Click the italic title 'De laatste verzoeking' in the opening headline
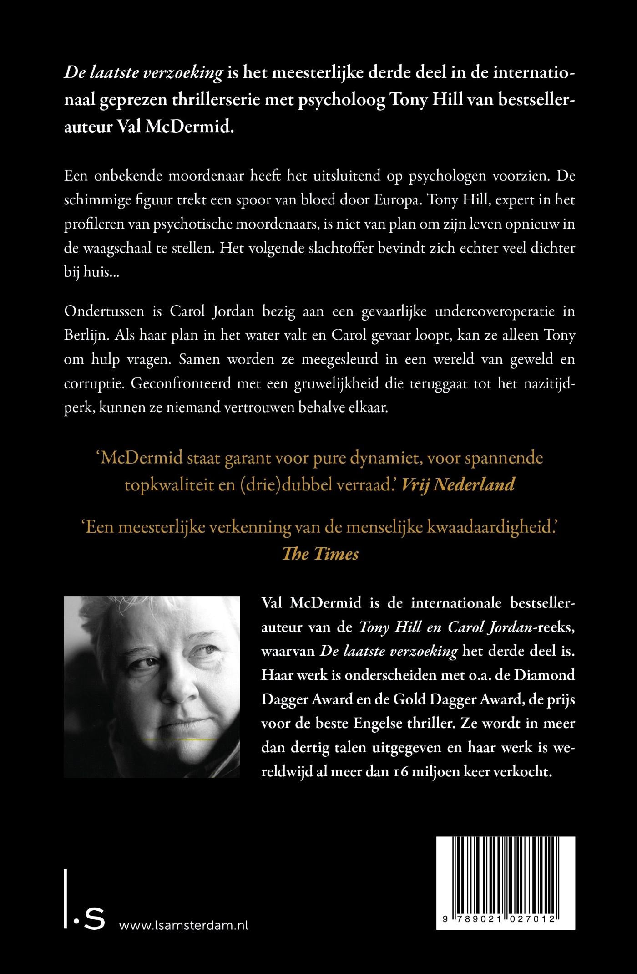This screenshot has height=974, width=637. point(143,73)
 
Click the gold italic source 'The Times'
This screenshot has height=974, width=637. point(320,553)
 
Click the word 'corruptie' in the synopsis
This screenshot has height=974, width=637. point(93,383)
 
